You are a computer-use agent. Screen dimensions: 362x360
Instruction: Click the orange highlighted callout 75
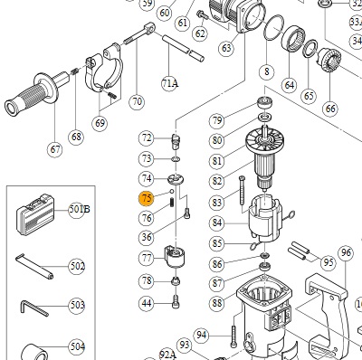point(147,198)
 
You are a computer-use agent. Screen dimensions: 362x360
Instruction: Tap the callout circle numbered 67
point(55,149)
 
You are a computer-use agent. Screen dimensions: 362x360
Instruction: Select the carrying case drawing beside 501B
point(35,214)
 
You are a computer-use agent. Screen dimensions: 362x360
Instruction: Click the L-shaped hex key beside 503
point(33,308)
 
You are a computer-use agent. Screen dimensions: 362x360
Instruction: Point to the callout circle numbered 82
point(217,181)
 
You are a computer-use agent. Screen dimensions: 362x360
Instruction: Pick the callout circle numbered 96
point(346,252)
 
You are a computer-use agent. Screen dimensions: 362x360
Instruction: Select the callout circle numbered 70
point(138,101)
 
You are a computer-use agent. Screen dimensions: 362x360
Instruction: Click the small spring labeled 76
point(172,202)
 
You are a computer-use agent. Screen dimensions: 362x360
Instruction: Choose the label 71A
point(169,83)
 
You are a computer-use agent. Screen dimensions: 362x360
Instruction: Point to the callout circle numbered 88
point(217,302)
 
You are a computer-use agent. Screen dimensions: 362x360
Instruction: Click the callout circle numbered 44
point(147,303)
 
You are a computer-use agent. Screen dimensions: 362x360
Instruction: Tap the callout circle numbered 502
point(77,267)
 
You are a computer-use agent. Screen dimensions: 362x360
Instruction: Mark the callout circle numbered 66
point(330,109)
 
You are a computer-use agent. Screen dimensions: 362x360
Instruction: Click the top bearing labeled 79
point(265,102)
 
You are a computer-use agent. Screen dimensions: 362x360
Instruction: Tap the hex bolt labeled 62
point(201,14)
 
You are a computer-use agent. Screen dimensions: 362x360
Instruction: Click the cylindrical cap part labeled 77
point(175,256)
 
